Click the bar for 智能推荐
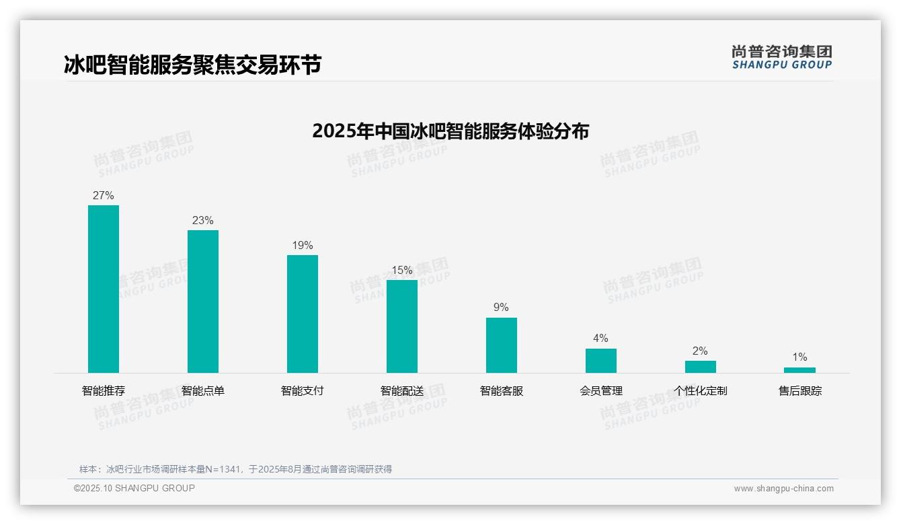coord(104,289)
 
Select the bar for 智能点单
coord(203,302)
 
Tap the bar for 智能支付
coord(303,314)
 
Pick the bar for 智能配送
coord(402,326)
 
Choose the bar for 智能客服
coord(502,345)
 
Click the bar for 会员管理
coord(601,361)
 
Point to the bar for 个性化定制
coord(701,367)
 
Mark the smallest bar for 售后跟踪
coord(799,370)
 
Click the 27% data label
coord(104,196)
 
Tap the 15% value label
coord(402,271)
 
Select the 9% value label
coord(502,308)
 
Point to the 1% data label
coord(799,357)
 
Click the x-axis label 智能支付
coord(303,391)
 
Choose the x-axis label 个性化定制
coord(701,391)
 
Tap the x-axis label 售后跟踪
coord(800,391)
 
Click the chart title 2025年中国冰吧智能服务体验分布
coord(450,131)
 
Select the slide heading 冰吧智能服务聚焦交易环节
coord(192,65)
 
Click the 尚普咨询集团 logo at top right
coord(782,57)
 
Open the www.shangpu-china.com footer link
coord(783,489)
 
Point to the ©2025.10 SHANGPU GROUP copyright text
coord(134,489)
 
